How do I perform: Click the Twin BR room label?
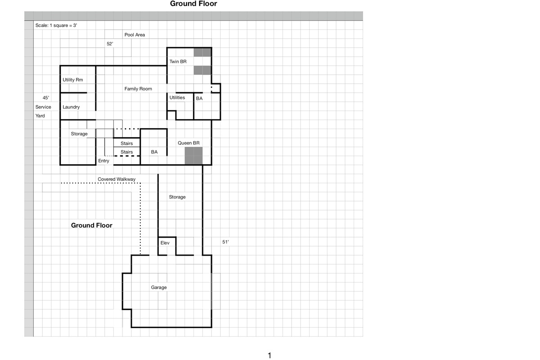178,62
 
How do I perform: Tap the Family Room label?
138,89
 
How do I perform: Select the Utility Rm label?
72,80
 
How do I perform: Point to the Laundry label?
71,107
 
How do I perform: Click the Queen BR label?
189,143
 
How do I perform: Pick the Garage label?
159,288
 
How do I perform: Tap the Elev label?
165,243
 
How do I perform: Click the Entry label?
103,161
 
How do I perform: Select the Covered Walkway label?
117,179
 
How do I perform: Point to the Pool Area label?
135,35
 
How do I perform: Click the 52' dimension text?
110,44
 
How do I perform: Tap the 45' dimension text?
46,98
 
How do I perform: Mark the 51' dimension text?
225,242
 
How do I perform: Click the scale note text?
56,25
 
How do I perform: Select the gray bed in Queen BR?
193,156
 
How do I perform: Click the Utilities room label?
177,98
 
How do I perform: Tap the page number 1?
270,355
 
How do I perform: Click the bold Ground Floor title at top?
193,4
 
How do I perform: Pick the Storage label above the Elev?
177,197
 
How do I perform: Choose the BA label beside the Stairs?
154,152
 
